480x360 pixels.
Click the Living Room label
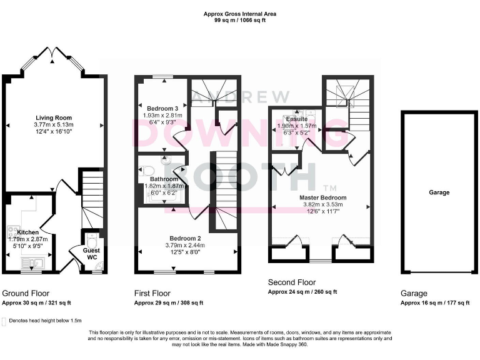[53, 117]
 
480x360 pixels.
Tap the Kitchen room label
[27, 232]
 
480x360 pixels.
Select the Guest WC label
[92, 253]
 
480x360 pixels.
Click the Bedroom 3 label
[159, 108]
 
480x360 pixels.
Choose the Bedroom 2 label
[185, 238]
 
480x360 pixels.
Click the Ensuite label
[296, 119]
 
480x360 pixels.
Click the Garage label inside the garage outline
[439, 192]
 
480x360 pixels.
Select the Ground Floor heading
[26, 292]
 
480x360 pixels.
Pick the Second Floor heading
[291, 282]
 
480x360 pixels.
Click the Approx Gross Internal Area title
[239, 14]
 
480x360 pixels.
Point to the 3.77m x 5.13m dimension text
[53, 124]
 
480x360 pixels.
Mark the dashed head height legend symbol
[5, 321]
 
